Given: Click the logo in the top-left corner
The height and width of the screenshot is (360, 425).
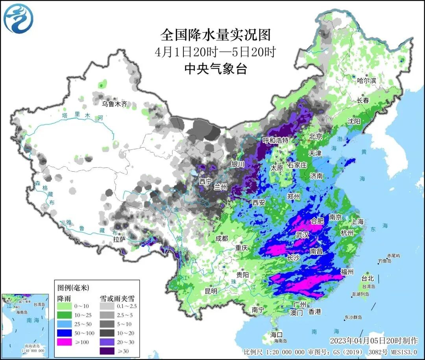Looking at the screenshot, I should [18, 19].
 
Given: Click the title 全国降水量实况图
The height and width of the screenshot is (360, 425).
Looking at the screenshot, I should [216, 35].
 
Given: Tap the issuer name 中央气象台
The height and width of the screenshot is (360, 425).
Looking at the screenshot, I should [216, 69].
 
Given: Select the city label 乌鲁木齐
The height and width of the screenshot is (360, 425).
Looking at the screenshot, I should [115, 104].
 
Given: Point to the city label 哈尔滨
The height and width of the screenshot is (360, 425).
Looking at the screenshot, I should [366, 80].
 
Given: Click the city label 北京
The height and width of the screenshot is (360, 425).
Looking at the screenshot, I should [316, 137].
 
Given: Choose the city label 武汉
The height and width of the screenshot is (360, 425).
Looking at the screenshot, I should [302, 235].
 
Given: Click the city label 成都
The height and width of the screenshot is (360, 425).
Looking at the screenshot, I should [222, 238].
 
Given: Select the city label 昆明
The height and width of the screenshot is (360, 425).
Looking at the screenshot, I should [211, 291].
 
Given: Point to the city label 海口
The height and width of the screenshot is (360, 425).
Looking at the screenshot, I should [276, 334].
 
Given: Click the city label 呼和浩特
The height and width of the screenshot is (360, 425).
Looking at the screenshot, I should [275, 140].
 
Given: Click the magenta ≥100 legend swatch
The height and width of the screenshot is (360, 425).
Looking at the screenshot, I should [66, 342].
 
